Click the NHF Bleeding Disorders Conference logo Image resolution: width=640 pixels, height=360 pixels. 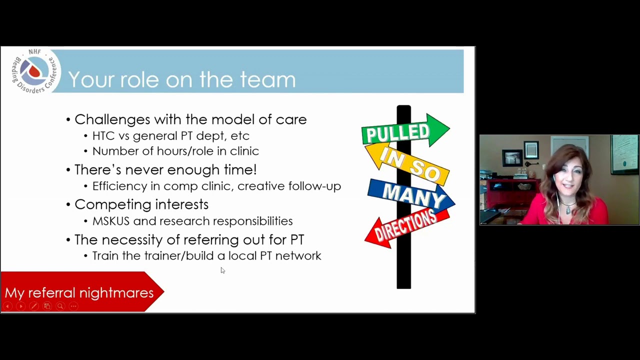[x=35, y=71]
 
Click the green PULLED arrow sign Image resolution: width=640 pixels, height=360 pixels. [x=405, y=130]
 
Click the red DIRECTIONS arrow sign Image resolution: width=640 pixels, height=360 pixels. [x=407, y=228]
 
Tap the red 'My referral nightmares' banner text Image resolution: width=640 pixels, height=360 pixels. [x=79, y=293]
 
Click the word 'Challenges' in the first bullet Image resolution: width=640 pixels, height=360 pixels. [x=112, y=119]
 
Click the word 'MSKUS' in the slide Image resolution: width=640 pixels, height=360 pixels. [x=111, y=221]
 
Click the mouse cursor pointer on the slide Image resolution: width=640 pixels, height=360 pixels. [x=223, y=270]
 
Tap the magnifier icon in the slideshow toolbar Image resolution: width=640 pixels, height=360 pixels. [x=60, y=306]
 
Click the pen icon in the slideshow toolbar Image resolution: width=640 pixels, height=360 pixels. [x=34, y=306]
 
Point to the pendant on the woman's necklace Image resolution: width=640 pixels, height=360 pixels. [x=568, y=210]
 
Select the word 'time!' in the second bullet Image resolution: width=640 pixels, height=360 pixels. [x=240, y=169]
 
